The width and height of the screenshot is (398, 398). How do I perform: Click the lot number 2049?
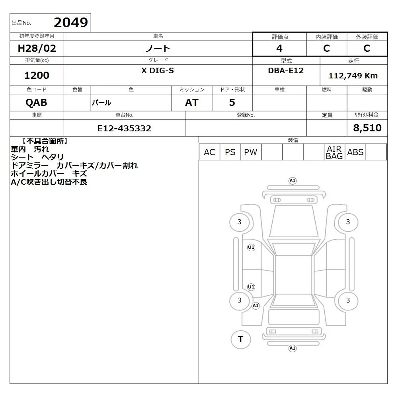tap(71, 23)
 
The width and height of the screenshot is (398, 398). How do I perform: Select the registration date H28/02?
tap(37, 48)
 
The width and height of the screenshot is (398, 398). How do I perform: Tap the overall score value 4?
tap(279, 48)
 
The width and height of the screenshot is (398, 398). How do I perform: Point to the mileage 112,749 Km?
tap(353, 76)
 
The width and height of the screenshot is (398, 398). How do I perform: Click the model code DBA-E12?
tap(286, 70)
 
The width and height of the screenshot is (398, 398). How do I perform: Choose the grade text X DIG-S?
tap(158, 70)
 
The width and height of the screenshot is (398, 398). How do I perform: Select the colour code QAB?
tap(36, 103)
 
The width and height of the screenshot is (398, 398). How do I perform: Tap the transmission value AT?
tap(192, 103)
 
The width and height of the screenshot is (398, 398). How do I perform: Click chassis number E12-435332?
tap(124, 128)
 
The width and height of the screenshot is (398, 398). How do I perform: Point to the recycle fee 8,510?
tap(367, 128)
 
